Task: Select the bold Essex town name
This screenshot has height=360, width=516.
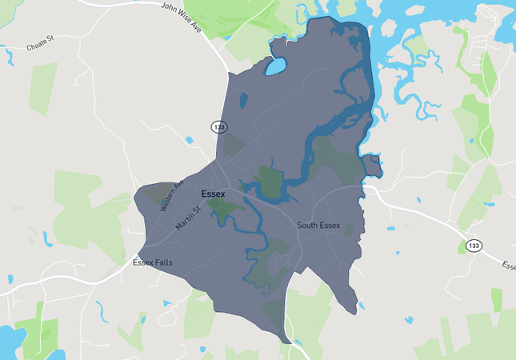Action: (x=214, y=193)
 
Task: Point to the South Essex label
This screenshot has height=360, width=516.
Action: (x=318, y=226)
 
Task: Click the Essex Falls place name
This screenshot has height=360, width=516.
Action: (x=152, y=262)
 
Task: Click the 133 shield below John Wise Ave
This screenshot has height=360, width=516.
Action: (x=219, y=127)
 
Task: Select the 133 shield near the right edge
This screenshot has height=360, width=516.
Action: (x=474, y=246)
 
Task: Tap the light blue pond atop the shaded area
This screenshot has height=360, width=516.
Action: (x=275, y=66)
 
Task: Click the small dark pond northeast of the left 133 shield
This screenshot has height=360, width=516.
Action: (x=243, y=100)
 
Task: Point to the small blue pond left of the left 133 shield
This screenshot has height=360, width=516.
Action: (x=189, y=140)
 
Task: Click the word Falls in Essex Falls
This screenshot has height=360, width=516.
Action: (x=163, y=262)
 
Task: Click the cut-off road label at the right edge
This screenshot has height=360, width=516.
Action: (x=509, y=265)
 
